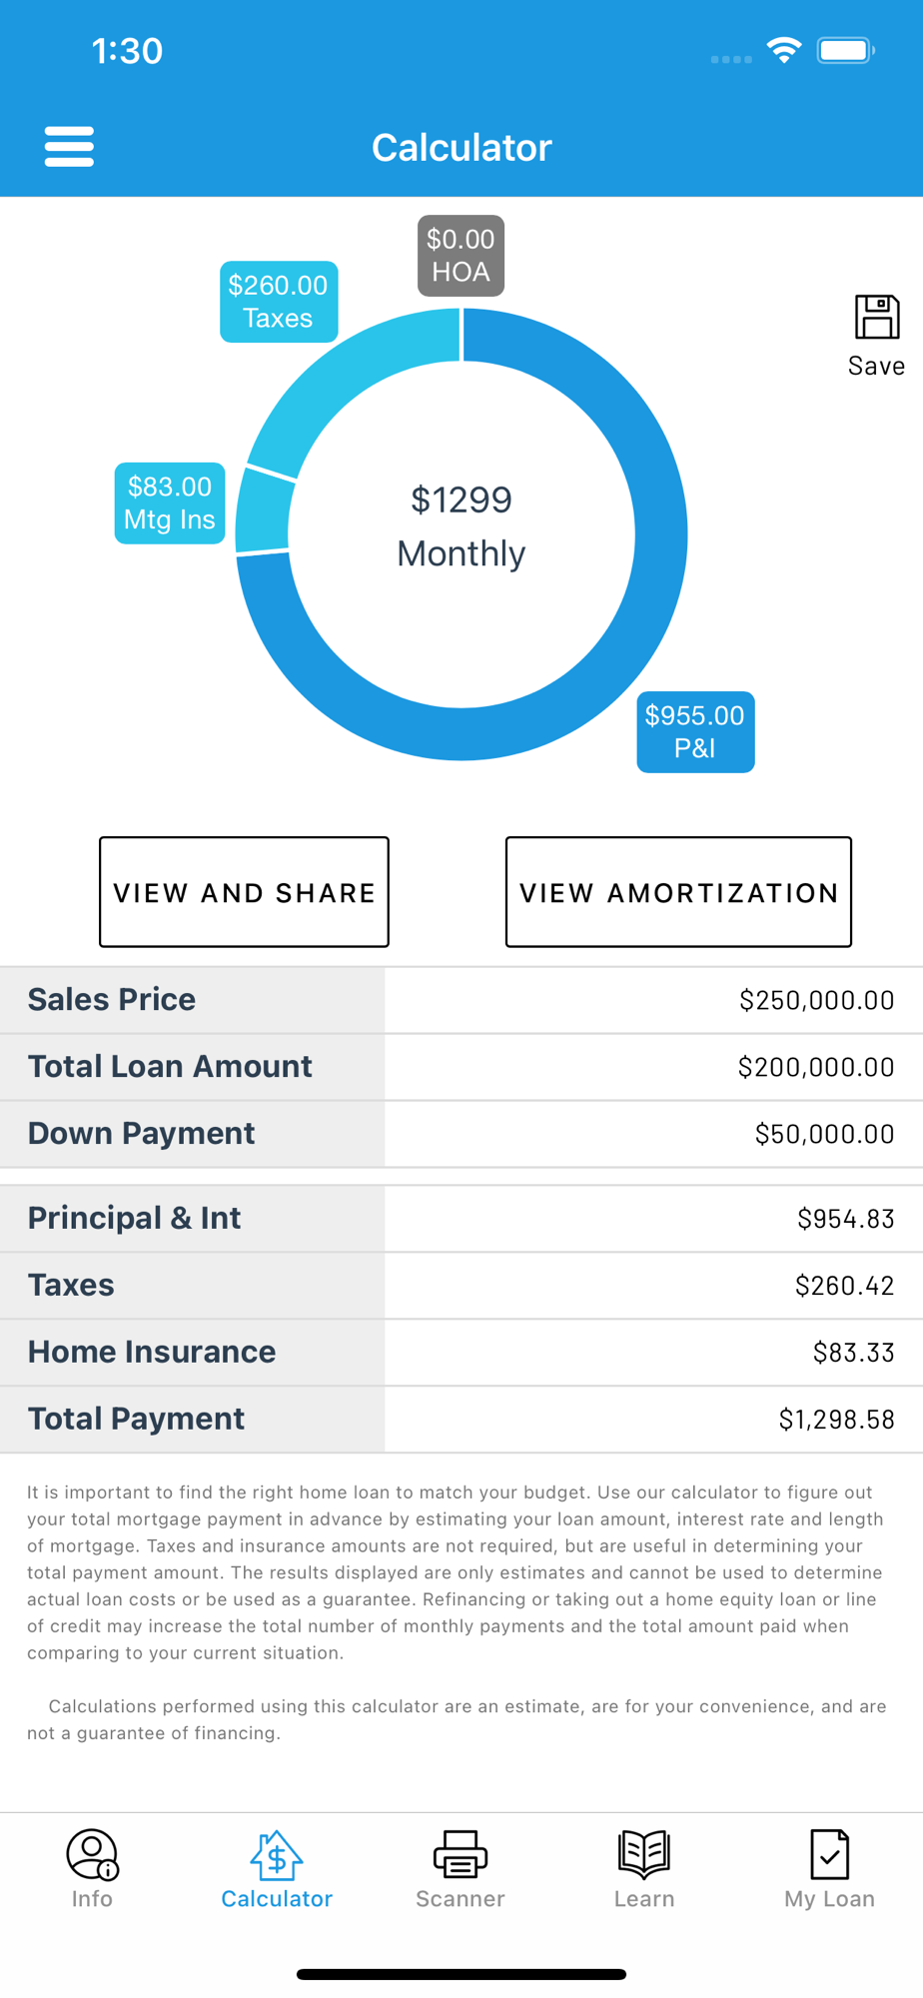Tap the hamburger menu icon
(x=69, y=147)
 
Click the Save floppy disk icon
(x=876, y=318)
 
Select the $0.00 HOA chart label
(x=461, y=256)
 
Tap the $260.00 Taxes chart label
(x=278, y=302)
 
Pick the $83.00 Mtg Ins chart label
(x=170, y=503)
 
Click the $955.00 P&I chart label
(x=695, y=731)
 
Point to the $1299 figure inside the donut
(x=461, y=499)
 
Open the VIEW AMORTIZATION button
(x=678, y=892)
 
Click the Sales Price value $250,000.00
(x=816, y=1000)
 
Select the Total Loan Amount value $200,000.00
(x=815, y=1067)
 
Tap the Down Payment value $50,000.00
(x=824, y=1134)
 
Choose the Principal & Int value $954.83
(x=845, y=1219)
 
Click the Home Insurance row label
(x=152, y=1352)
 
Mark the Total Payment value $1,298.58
(x=836, y=1420)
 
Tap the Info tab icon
(x=92, y=1854)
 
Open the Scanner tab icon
(x=461, y=1854)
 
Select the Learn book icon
(x=644, y=1854)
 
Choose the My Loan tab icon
(x=829, y=1854)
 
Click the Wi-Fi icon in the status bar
(x=784, y=50)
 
